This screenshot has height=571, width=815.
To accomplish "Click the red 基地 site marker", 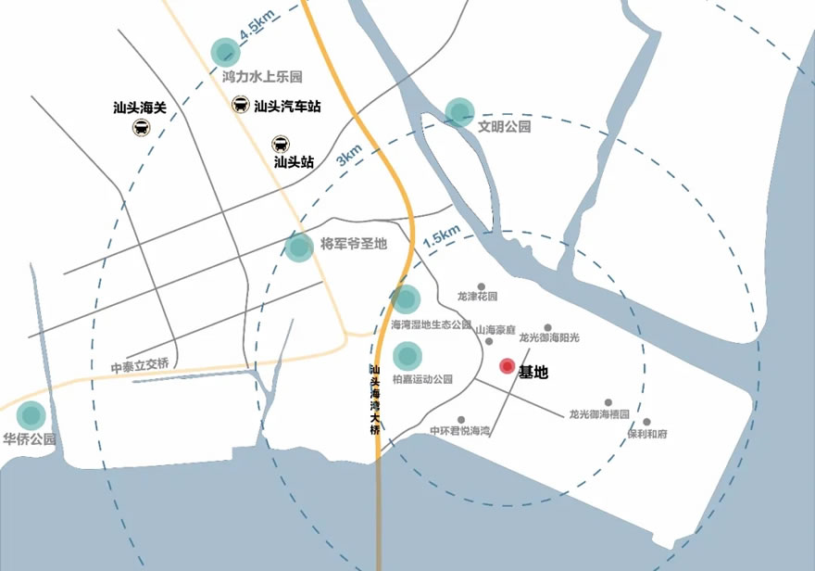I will (507, 366).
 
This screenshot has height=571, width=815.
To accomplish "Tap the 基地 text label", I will (533, 373).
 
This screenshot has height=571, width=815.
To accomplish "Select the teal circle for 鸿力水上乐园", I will (225, 52).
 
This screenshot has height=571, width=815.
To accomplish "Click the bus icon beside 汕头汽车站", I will (240, 105).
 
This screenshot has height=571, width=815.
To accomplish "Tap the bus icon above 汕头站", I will (279, 144).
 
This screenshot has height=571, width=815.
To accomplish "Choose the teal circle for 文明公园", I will (459, 111).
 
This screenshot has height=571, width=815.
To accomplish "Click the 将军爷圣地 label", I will (353, 245).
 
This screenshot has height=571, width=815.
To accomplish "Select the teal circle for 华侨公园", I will (32, 414).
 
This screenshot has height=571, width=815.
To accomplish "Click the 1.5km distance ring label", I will (441, 237).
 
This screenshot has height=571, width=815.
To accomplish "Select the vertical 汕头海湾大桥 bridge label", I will (374, 400).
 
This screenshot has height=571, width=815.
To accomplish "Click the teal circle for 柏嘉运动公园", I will (407, 356).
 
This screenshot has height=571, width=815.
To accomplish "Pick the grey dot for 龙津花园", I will (481, 287).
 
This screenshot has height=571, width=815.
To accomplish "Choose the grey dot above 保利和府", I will (646, 422).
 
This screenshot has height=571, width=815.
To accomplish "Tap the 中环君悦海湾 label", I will (459, 432).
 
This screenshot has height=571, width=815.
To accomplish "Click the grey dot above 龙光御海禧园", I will (608, 402).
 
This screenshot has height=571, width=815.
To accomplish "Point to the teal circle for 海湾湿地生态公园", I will (406, 298).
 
